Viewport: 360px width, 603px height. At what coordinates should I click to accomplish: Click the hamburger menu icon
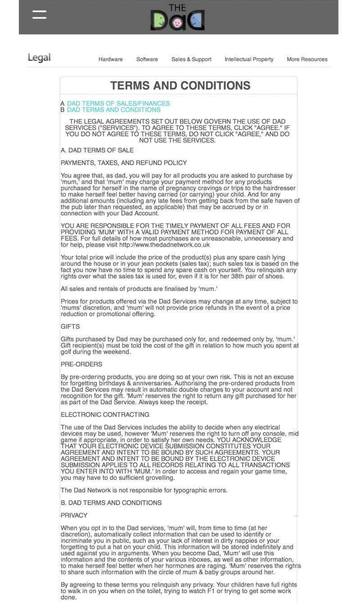[40, 14]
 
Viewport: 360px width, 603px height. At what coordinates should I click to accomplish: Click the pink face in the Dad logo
[177, 22]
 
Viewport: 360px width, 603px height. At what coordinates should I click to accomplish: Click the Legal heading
[39, 58]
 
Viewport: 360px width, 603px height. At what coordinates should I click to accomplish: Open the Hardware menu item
[111, 59]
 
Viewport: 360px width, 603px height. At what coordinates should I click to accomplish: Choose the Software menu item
[147, 59]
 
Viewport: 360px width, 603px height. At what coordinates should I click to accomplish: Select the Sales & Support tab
[191, 59]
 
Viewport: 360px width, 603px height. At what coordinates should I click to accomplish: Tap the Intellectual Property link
[249, 59]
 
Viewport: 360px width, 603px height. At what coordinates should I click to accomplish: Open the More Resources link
[307, 59]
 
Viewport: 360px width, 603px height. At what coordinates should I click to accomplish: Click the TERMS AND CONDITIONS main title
[180, 85]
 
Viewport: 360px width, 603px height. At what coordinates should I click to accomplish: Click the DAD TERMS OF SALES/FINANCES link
[118, 103]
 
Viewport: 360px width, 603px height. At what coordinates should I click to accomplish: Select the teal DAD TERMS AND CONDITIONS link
[113, 110]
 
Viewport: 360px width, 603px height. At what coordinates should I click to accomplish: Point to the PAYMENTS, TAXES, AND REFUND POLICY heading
[124, 163]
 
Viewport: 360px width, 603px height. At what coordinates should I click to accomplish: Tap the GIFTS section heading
[70, 326]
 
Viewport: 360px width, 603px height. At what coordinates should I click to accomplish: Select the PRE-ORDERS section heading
[81, 364]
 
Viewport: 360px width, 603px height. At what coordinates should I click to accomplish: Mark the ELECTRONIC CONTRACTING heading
[105, 415]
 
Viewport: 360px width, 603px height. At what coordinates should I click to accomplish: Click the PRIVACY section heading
[74, 515]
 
